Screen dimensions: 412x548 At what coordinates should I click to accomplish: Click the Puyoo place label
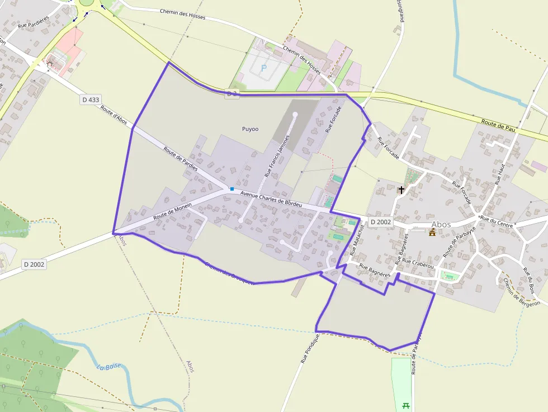[250, 129]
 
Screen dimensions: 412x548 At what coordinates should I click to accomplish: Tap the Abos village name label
[441, 224]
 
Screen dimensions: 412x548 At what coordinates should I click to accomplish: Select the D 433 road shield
[91, 100]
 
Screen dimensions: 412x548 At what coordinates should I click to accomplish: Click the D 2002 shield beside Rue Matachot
[381, 222]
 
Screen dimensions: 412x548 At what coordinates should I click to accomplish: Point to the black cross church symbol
[401, 190]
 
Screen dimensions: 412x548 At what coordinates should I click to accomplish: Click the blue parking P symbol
[264, 68]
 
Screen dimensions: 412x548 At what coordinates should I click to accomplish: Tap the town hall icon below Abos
[432, 233]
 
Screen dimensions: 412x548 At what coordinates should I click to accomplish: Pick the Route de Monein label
[172, 210]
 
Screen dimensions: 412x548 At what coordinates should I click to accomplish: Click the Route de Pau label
[498, 125]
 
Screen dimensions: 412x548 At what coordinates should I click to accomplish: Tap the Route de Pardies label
[181, 159]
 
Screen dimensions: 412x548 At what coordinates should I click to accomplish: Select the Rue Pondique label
[310, 349]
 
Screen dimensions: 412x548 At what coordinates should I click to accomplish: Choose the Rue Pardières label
[34, 21]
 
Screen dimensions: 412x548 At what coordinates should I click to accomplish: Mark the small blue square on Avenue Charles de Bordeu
[232, 189]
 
